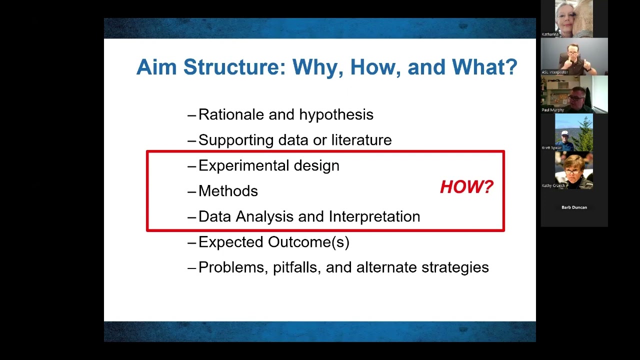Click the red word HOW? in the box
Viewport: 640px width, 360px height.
click(x=466, y=187)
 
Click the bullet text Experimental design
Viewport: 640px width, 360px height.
click(x=268, y=165)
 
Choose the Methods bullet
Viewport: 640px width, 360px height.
click(x=228, y=191)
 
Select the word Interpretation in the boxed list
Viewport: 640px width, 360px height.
click(x=374, y=216)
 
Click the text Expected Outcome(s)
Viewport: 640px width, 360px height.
click(x=273, y=242)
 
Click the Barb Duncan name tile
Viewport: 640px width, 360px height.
click(x=574, y=207)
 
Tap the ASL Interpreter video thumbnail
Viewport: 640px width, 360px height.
click(x=574, y=56)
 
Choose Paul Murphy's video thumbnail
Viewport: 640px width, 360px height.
click(x=574, y=94)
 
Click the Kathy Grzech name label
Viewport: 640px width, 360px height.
click(x=553, y=185)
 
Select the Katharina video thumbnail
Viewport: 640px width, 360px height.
click(x=574, y=18)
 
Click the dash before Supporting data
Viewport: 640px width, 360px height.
click(x=191, y=140)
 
